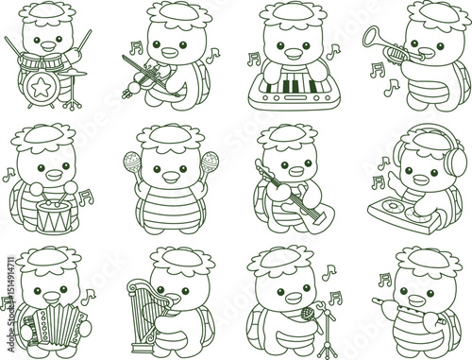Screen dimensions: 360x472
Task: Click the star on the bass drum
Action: (x=41, y=88)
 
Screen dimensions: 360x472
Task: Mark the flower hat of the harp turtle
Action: (x=180, y=256)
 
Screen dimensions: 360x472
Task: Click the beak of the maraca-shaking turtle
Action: (x=170, y=175)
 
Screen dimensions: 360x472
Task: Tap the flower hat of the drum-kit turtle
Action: (x=50, y=11)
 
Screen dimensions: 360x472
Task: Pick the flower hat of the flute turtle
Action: (x=427, y=256)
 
